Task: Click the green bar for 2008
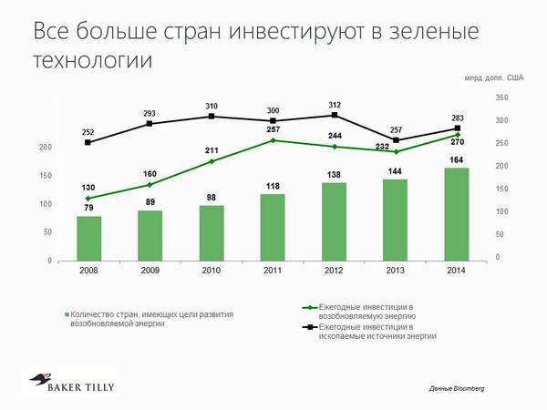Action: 88,238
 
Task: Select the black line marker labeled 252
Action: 88,142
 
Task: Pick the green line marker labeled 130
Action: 88,198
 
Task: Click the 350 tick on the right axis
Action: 503,97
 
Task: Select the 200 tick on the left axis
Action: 45,147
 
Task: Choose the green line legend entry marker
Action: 313,307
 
